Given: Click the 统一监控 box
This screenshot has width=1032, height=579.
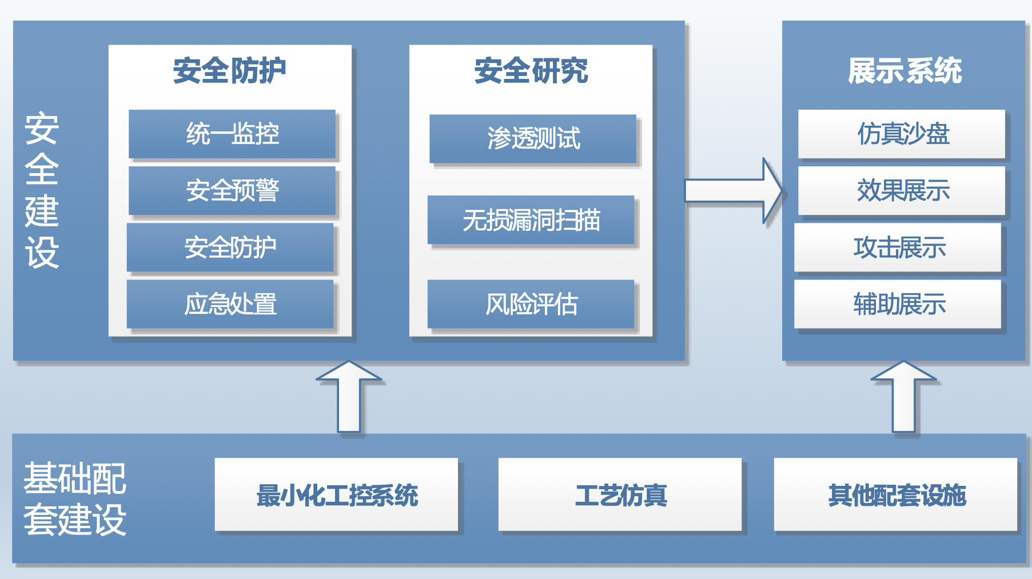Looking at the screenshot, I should click(x=232, y=134).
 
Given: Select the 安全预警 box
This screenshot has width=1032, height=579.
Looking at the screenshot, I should click(x=232, y=190).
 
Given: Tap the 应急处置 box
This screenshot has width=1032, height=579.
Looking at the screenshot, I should click(x=230, y=304).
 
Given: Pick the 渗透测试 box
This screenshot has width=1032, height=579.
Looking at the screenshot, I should click(x=533, y=138).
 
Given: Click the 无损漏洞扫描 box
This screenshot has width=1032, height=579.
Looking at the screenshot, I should click(x=531, y=220).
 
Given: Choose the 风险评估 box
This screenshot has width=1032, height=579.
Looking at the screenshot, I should click(x=531, y=304).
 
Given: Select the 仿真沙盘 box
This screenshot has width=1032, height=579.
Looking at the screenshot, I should click(x=902, y=134).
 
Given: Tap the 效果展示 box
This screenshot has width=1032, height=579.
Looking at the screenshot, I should click(x=902, y=190).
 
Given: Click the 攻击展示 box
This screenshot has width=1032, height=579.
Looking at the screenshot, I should click(x=898, y=247).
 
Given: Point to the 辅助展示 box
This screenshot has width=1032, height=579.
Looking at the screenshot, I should click(x=898, y=304).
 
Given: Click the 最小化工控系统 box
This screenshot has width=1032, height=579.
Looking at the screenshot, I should click(x=337, y=494).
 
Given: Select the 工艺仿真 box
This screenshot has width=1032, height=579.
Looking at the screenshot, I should click(x=620, y=494).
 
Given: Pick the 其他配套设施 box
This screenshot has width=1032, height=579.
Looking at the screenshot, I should click(x=896, y=494).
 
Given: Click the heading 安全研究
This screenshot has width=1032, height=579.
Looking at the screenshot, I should click(x=531, y=71).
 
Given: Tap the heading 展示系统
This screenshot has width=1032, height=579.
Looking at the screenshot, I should click(x=905, y=71).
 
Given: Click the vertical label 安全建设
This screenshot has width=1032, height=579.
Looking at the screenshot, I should click(x=42, y=190).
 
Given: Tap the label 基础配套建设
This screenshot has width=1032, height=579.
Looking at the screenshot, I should click(x=74, y=499).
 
